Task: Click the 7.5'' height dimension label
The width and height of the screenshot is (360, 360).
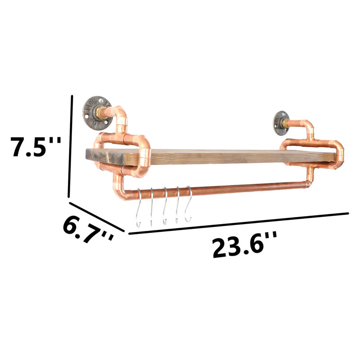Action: pos(36,147)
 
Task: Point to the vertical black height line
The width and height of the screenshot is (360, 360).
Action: pos(70,146)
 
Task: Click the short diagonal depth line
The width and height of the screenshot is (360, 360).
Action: pos(97,217)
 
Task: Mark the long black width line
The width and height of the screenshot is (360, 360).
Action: pos(239,224)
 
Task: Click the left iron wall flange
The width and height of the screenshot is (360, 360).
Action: pos(97,113)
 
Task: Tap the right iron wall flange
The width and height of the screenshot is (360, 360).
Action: pos(281,123)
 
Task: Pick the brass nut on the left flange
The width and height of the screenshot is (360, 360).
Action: pos(99,113)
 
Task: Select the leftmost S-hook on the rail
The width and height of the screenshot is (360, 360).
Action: pos(139,208)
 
